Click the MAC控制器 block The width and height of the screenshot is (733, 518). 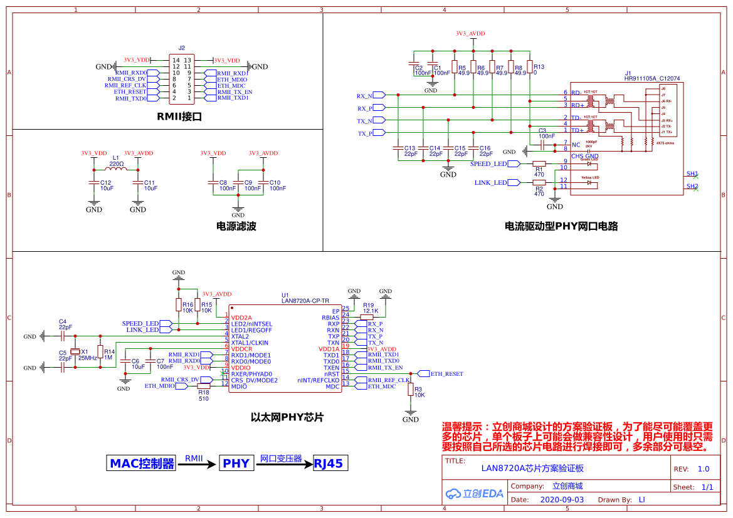[x=142, y=464]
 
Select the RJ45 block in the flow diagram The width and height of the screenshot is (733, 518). [x=329, y=464]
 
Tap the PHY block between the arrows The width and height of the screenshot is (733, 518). [x=236, y=464]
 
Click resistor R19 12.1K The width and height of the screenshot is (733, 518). [x=367, y=318]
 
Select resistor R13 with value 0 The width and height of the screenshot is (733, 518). [x=530, y=67]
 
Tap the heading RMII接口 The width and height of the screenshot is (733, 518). [x=179, y=117]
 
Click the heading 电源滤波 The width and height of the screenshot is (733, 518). [x=236, y=226]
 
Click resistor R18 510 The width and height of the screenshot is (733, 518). [x=204, y=386]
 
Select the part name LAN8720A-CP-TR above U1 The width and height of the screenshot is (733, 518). [x=305, y=301]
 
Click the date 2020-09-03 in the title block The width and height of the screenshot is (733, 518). [x=561, y=500]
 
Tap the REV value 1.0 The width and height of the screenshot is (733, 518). [x=703, y=469]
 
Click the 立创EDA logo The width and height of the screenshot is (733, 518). [x=475, y=493]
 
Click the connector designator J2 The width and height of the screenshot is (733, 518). [x=182, y=48]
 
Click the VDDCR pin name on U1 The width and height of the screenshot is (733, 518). [x=243, y=349]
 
